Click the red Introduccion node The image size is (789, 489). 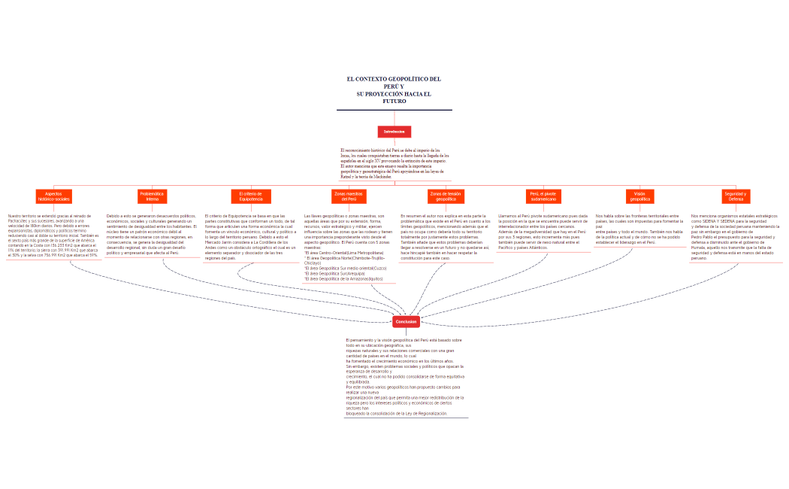click(x=394, y=132)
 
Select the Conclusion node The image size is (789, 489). click(x=406, y=321)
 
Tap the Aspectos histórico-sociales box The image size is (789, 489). click(x=53, y=196)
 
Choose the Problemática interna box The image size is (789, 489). click(x=152, y=196)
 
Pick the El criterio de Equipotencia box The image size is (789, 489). click(x=250, y=196)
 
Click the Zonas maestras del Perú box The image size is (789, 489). click(x=348, y=196)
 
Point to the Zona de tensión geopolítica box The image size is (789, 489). click(x=446, y=196)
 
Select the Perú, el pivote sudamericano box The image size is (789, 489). click(x=543, y=196)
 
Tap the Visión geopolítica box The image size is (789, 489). click(x=639, y=196)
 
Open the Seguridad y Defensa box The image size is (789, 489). click(x=736, y=196)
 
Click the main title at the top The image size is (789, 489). click(x=394, y=90)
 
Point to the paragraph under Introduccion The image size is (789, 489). click(x=394, y=163)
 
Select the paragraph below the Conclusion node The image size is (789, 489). click(x=406, y=376)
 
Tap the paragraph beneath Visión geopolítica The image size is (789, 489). click(x=639, y=229)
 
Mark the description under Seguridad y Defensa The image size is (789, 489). click(x=736, y=236)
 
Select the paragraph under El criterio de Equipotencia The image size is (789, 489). click(x=250, y=236)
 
